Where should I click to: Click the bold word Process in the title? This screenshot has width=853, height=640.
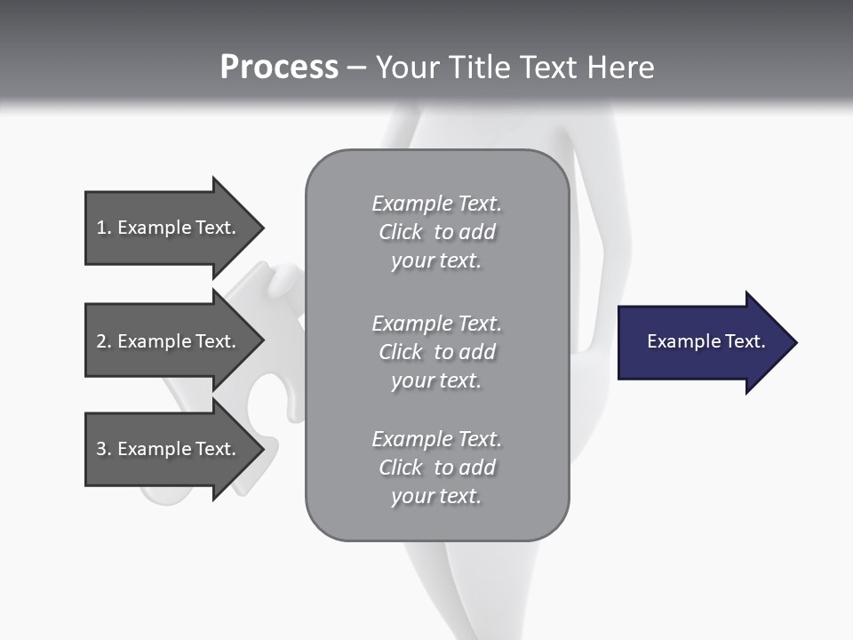coord(279,68)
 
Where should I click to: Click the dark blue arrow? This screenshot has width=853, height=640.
coord(702,342)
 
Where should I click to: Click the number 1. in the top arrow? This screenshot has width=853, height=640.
coord(103,228)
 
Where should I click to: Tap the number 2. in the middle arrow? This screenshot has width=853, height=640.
coord(103,341)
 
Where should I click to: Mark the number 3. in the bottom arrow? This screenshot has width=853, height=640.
coord(103,449)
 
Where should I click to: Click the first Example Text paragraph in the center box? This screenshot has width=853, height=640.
coord(436,232)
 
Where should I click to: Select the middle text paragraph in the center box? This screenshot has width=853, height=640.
coord(436,352)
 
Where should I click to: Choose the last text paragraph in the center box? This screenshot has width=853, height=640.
coord(436,468)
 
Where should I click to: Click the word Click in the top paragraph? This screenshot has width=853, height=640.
coord(401,232)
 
